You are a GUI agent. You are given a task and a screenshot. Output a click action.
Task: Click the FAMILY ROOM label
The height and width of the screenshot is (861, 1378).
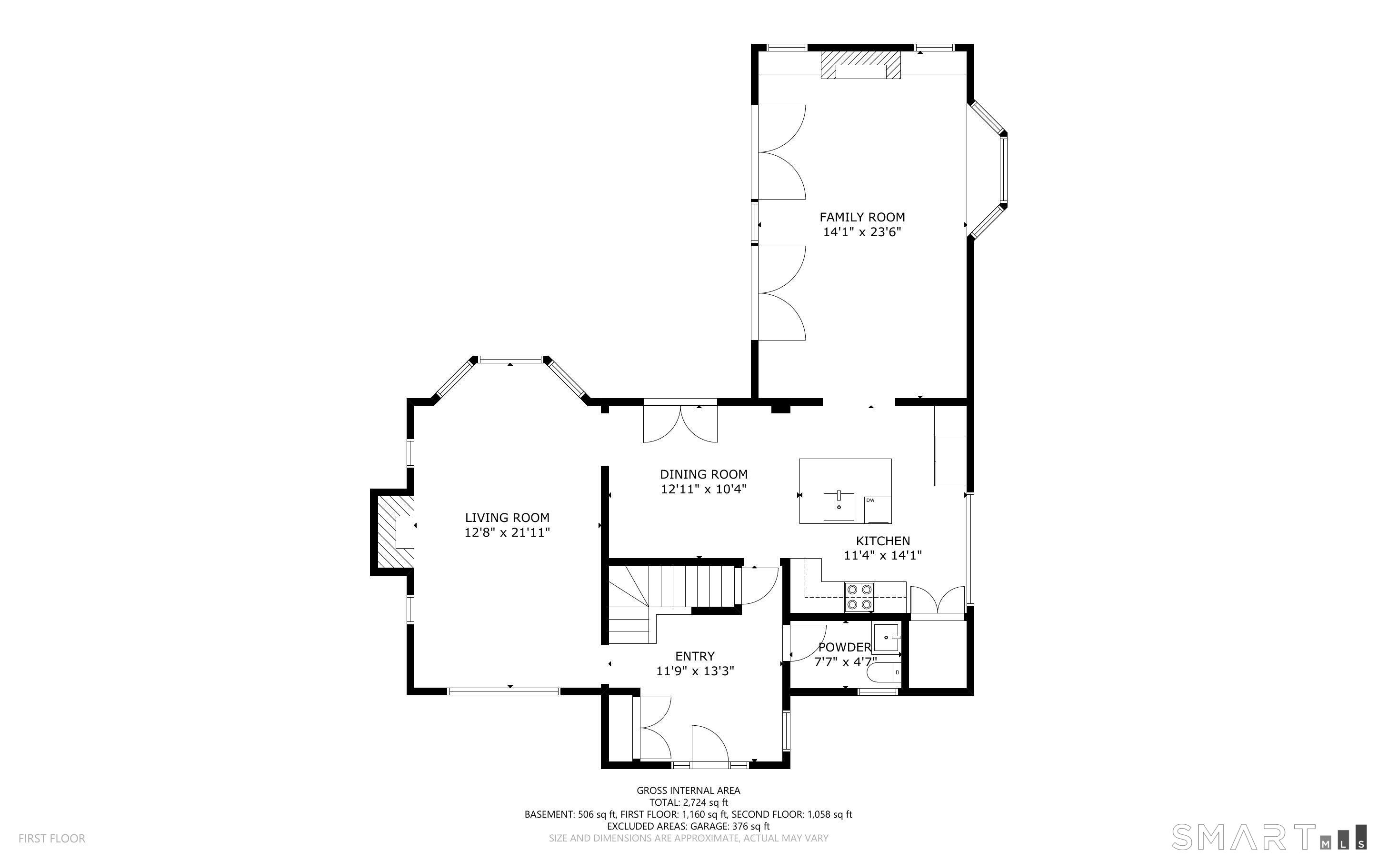click(x=862, y=217)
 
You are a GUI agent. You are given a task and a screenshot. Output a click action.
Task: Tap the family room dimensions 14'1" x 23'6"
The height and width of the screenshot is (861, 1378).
click(x=862, y=232)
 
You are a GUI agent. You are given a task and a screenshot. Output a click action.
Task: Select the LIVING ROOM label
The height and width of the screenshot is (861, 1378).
click(x=507, y=518)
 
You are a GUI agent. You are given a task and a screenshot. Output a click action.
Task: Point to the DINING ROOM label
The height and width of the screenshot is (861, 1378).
click(x=703, y=474)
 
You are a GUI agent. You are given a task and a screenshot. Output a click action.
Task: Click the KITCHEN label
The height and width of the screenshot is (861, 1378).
click(x=883, y=541)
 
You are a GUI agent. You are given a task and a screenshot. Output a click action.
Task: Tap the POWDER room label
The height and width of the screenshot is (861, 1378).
click(x=845, y=648)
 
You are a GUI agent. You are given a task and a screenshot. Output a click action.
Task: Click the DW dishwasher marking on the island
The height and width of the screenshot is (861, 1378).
click(x=870, y=501)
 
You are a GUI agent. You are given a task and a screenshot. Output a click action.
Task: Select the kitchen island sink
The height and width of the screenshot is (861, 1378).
click(x=839, y=506)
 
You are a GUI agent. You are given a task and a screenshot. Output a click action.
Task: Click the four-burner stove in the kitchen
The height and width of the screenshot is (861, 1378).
click(x=859, y=597)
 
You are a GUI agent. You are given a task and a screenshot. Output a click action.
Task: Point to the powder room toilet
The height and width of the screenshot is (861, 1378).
click(x=884, y=672)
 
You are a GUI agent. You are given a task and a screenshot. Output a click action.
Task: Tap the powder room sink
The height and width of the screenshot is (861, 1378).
click(x=886, y=638)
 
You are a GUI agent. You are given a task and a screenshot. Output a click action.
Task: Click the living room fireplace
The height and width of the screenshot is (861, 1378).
click(x=393, y=532)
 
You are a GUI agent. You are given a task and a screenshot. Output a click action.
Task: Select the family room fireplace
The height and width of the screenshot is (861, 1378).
click(x=860, y=65)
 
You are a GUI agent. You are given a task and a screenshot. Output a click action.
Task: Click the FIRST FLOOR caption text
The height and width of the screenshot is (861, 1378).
click(x=52, y=838)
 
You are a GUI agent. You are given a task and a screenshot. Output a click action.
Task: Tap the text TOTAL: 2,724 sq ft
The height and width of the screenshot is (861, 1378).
click(x=688, y=802)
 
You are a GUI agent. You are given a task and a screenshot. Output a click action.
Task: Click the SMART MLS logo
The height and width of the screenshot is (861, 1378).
click(x=1269, y=837)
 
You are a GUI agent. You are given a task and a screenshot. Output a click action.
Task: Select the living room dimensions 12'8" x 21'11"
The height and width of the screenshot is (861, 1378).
click(x=507, y=532)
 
